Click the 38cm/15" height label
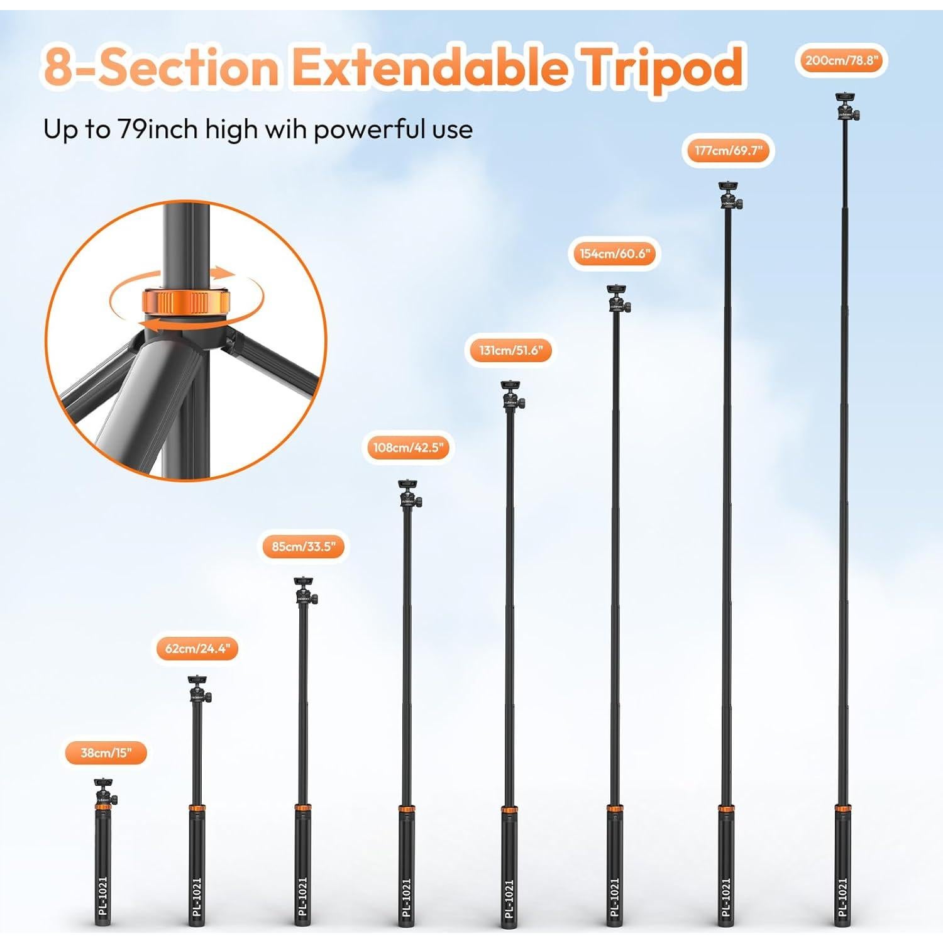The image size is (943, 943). [106, 753]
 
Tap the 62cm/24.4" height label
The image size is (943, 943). [197, 648]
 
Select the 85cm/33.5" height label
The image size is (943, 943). [304, 546]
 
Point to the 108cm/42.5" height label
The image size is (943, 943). [409, 448]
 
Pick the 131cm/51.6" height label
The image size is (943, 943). [510, 350]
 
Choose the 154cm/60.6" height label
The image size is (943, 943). [614, 253]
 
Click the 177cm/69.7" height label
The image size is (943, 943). [728, 151]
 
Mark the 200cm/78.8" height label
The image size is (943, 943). [841, 60]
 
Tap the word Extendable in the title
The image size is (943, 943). [429, 67]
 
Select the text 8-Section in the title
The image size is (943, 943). [161, 67]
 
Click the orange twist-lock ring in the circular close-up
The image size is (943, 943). [187, 301]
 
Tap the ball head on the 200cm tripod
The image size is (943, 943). [847, 108]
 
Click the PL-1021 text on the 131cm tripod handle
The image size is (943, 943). [509, 898]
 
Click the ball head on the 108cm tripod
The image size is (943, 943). [409, 495]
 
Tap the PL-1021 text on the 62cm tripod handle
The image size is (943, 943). [197, 898]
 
